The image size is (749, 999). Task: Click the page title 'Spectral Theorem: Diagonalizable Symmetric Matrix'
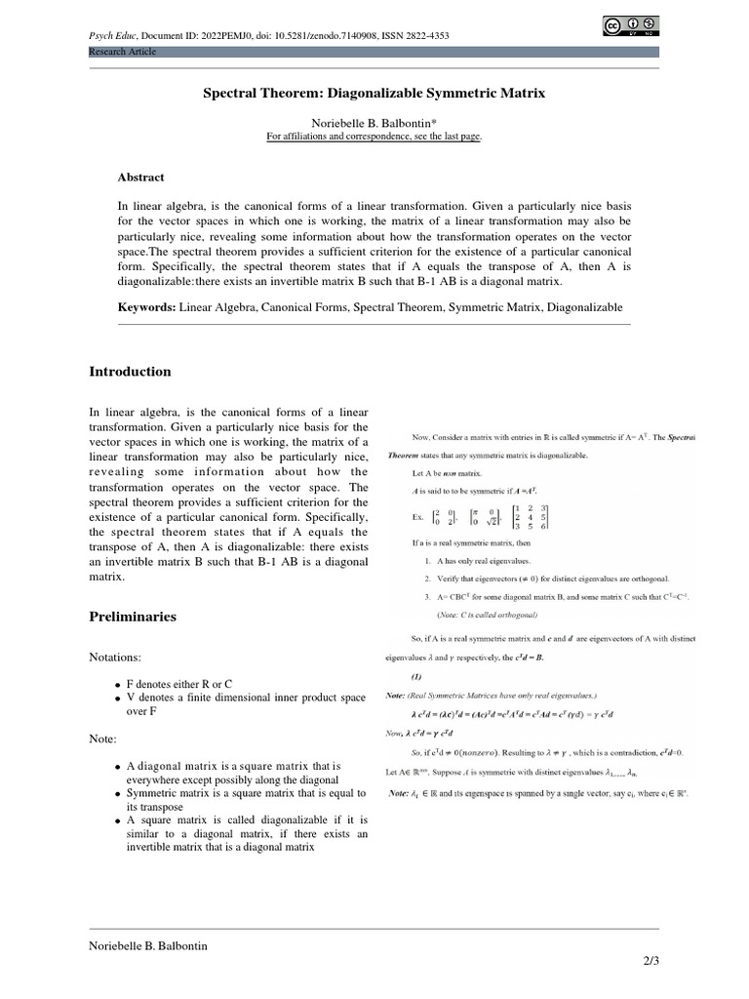(x=374, y=94)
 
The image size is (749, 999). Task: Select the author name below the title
(x=374, y=124)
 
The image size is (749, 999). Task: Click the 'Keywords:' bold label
(x=146, y=307)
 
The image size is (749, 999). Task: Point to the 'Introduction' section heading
(x=130, y=372)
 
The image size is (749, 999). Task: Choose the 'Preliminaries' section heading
(x=133, y=617)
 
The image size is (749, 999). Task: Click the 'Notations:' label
(x=117, y=659)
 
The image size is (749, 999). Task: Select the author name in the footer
(x=148, y=946)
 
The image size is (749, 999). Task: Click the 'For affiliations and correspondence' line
(x=374, y=137)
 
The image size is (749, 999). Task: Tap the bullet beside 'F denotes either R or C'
(x=118, y=686)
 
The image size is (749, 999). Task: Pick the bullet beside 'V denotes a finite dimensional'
(x=118, y=699)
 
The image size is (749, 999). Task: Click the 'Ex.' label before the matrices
(x=419, y=517)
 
